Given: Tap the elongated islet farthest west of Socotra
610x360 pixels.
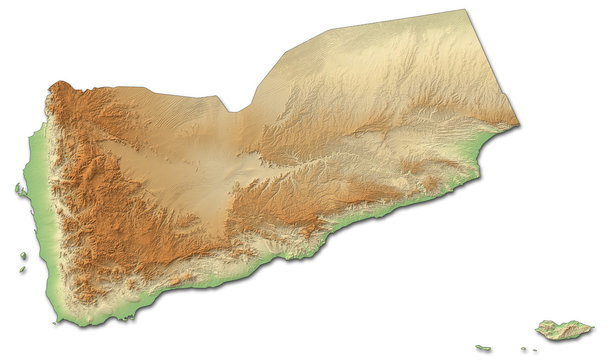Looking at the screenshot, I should tap(484, 348).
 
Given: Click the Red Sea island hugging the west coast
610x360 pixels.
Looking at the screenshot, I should tap(20, 189).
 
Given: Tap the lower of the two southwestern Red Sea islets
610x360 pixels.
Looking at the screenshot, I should tap(22, 268).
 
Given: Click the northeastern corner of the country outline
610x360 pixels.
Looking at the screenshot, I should tap(467, 11).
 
